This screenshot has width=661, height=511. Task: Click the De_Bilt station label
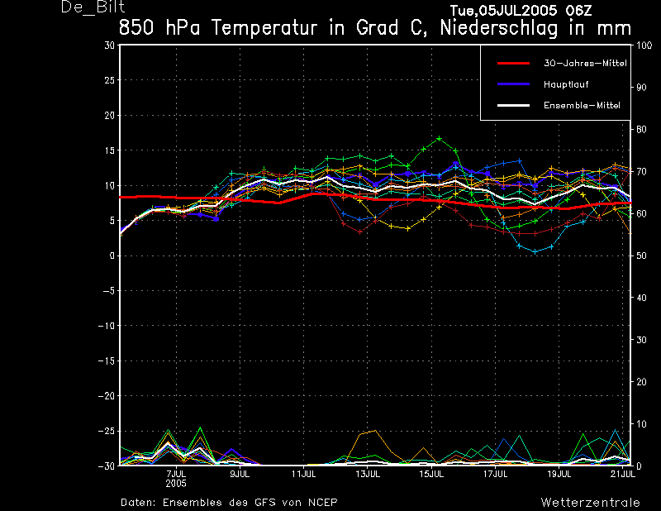93,7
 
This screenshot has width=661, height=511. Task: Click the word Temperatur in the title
264,28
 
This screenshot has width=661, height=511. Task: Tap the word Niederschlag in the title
499,29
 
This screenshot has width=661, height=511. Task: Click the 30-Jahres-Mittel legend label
585,64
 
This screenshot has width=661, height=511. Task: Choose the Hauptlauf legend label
566,84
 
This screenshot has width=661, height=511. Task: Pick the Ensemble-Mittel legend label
582,106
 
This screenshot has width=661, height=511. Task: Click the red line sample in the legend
513,64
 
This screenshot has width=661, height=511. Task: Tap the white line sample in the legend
513,106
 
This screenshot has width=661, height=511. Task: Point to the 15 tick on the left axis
110,150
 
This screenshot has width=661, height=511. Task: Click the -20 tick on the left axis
107,396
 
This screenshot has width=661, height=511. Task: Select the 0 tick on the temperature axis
112,255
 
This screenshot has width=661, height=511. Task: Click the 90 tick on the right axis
641,88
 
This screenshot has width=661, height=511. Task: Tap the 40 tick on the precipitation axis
641,298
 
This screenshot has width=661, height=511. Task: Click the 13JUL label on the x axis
367,474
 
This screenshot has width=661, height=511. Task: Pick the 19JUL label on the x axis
559,474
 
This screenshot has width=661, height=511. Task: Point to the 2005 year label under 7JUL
176,484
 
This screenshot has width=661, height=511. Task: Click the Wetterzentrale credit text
590,503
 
